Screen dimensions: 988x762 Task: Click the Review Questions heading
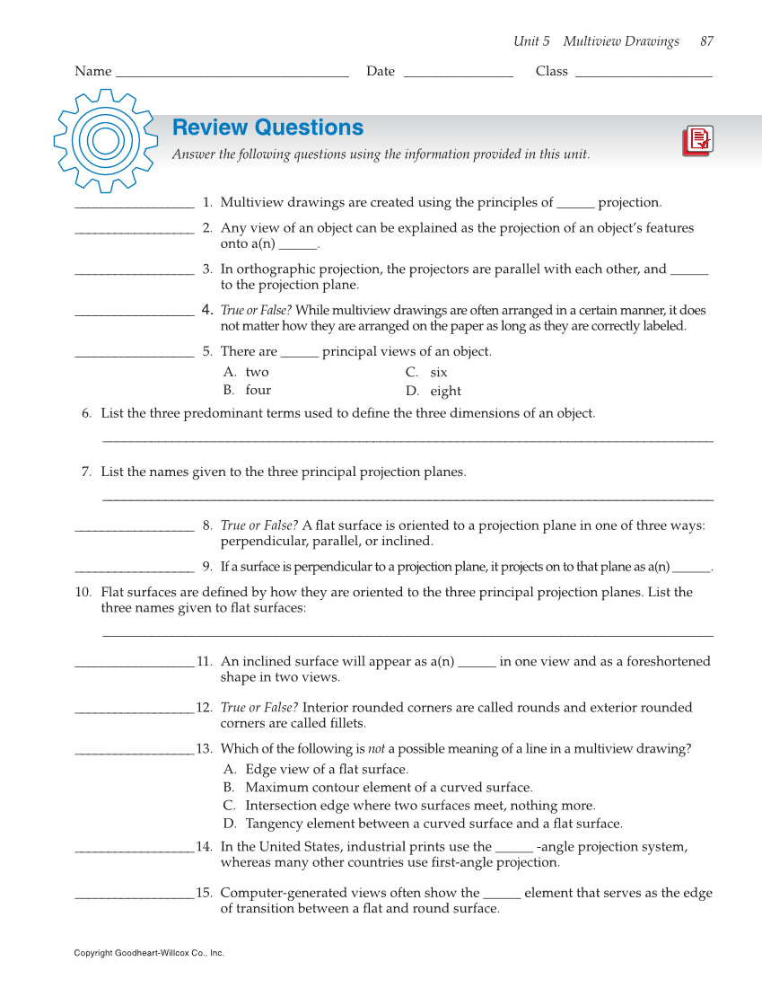click(x=267, y=128)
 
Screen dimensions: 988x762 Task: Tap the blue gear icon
click(x=106, y=140)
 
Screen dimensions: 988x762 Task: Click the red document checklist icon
click(x=697, y=141)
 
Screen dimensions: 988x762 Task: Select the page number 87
click(x=706, y=41)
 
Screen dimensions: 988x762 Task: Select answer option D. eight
click(x=433, y=391)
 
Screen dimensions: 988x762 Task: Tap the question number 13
click(x=204, y=749)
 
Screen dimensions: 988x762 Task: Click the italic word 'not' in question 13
click(x=377, y=749)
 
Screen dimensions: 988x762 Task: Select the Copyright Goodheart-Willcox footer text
click(x=149, y=953)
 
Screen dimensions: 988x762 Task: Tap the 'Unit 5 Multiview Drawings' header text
click(x=596, y=41)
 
